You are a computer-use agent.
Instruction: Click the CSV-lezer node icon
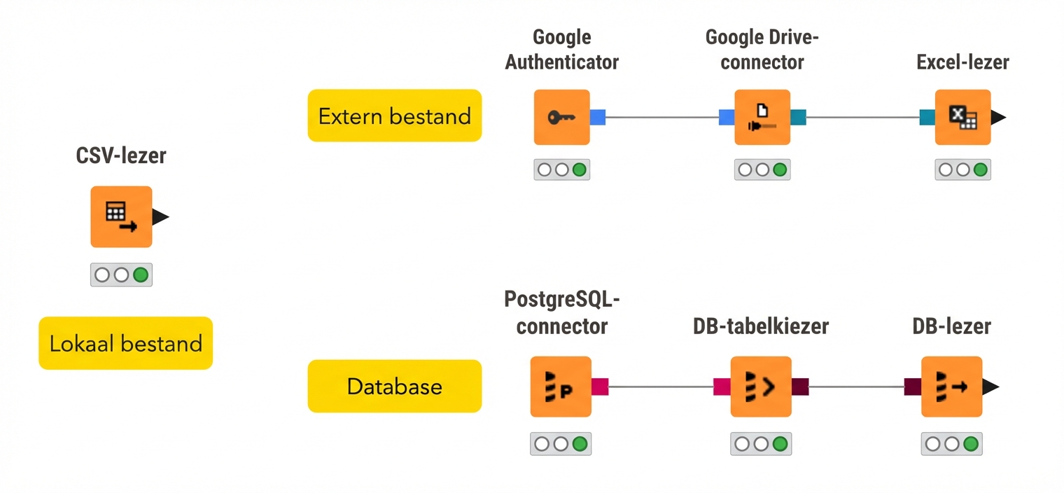click(121, 216)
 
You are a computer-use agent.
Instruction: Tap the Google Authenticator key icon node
click(561, 117)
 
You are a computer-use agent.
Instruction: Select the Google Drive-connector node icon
click(762, 117)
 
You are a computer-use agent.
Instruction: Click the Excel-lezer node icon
click(962, 117)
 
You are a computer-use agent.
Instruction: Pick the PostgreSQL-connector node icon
click(561, 387)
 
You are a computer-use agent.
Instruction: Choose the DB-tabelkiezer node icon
click(761, 387)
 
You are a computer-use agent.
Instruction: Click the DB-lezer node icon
click(951, 387)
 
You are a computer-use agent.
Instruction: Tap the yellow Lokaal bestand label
click(125, 343)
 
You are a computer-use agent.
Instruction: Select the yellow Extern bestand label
click(395, 116)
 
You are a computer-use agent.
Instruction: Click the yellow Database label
click(395, 386)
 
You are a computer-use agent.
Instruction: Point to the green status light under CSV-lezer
click(141, 275)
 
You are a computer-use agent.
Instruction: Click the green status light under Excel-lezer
click(980, 169)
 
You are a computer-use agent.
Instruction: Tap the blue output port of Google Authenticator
click(597, 117)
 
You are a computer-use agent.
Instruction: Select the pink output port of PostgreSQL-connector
click(600, 387)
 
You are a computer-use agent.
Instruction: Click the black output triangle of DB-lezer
click(990, 387)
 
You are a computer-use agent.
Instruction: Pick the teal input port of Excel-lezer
click(927, 117)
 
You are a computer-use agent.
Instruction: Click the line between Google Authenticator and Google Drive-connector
click(661, 117)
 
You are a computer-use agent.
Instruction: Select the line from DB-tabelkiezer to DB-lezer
click(856, 387)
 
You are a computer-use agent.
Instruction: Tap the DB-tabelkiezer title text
click(761, 326)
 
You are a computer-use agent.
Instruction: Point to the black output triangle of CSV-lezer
click(160, 217)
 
